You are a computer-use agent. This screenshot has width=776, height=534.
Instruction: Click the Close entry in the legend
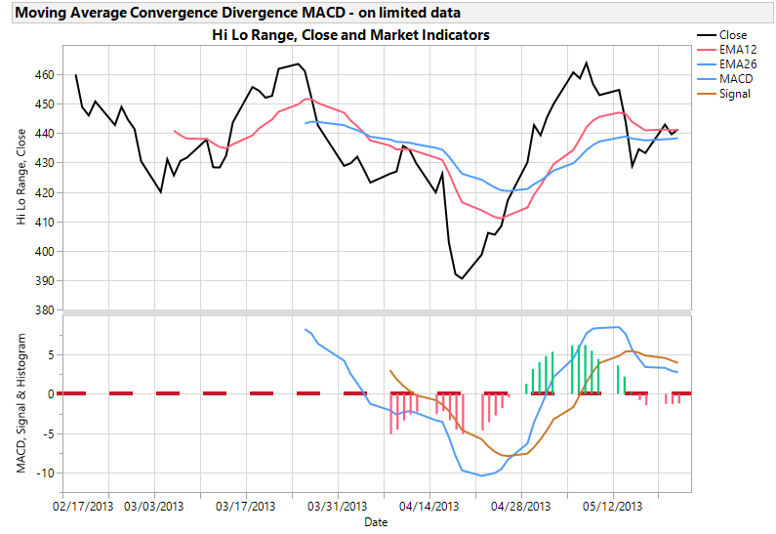(x=732, y=35)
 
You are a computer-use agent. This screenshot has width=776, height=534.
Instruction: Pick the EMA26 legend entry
(x=737, y=62)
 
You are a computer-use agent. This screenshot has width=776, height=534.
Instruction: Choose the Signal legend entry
(x=734, y=94)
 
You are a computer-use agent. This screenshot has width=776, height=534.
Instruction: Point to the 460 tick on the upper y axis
(x=44, y=74)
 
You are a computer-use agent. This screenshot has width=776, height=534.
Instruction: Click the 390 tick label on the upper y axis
(x=44, y=281)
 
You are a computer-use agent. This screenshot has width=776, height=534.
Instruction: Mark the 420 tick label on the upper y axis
(x=44, y=192)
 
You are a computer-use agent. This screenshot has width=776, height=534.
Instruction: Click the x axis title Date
(x=376, y=522)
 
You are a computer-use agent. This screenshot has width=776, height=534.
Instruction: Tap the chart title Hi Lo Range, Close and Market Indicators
(x=350, y=35)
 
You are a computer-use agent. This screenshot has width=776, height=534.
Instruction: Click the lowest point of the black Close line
(x=462, y=278)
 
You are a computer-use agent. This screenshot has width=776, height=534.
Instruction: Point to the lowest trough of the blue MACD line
(x=480, y=475)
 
